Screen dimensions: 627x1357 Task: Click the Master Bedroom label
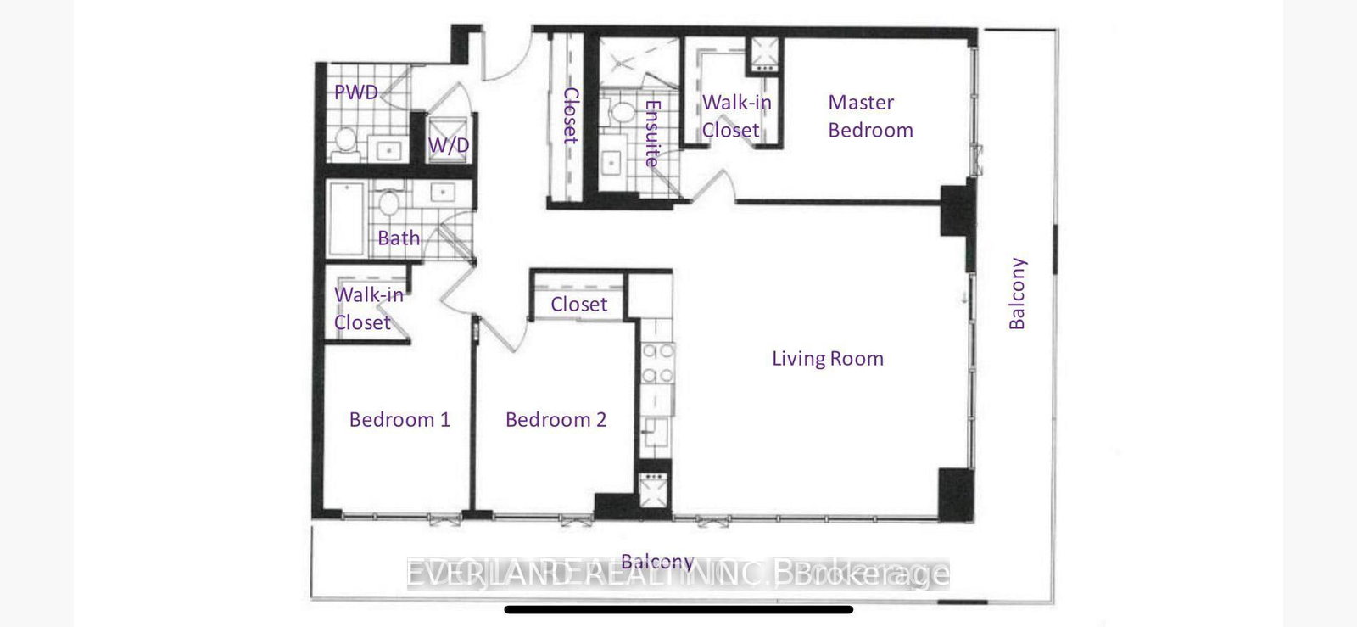coord(870,116)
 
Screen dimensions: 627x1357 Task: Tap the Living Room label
coord(827,359)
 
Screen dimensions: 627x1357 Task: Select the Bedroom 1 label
coord(399,420)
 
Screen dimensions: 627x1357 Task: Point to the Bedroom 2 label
coord(556,420)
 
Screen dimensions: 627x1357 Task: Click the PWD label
coord(355,92)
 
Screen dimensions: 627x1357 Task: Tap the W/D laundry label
coord(448,145)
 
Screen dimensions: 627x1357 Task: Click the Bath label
coord(399,238)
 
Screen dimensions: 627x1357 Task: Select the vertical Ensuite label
coord(652,132)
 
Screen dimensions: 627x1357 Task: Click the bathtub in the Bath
coord(347,218)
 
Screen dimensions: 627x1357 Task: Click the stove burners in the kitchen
coord(657,363)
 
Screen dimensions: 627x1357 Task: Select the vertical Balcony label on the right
coord(1017,294)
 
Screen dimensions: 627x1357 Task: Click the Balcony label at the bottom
coord(657,562)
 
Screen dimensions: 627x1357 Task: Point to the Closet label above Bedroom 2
coord(578,305)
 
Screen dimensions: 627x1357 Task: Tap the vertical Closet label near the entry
coord(571,115)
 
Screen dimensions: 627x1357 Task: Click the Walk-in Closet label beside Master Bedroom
coord(736,116)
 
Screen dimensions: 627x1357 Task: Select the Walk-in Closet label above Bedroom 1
coord(368,309)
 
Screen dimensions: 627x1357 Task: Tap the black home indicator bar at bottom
coord(678,609)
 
